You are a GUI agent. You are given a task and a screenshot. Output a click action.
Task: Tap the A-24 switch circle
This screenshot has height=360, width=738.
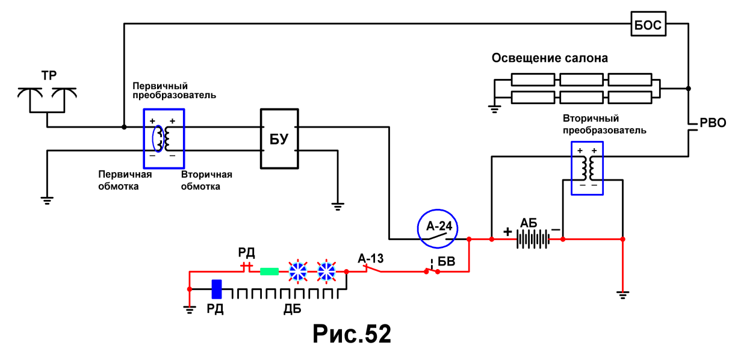(437, 210)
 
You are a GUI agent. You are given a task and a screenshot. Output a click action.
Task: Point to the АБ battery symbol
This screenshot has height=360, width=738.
(533, 239)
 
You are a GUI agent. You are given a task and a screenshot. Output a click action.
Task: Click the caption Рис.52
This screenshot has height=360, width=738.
(352, 334)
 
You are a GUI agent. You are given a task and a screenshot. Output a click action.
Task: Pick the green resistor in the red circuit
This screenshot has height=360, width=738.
(269, 272)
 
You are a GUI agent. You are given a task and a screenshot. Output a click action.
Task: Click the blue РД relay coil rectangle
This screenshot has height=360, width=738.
(217, 289)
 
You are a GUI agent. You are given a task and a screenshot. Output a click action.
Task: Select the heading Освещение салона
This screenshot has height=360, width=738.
(550, 58)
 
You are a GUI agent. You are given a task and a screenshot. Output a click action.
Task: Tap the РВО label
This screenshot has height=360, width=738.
(713, 123)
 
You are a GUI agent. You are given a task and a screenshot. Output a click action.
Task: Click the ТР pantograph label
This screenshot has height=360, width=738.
(49, 76)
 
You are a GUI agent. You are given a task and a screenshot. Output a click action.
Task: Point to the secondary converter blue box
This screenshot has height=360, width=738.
(571, 168)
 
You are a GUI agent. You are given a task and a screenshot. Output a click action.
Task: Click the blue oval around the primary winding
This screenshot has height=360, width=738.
(153, 138)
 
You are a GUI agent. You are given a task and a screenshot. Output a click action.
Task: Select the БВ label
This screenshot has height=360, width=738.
(447, 261)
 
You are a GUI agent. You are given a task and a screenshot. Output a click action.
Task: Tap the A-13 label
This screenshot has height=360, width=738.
(371, 258)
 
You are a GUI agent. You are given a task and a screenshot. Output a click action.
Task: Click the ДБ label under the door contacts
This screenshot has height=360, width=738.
(292, 309)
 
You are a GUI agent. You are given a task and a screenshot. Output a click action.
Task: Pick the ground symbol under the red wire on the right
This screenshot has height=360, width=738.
(622, 294)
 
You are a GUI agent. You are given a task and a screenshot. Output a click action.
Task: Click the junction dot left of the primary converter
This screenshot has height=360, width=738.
(124, 127)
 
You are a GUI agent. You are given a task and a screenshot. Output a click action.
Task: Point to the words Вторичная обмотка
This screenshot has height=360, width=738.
(206, 181)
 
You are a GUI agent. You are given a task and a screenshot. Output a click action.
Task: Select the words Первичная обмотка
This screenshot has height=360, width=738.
(125, 180)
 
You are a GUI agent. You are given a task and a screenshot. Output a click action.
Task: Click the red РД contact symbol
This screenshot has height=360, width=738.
(246, 265)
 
